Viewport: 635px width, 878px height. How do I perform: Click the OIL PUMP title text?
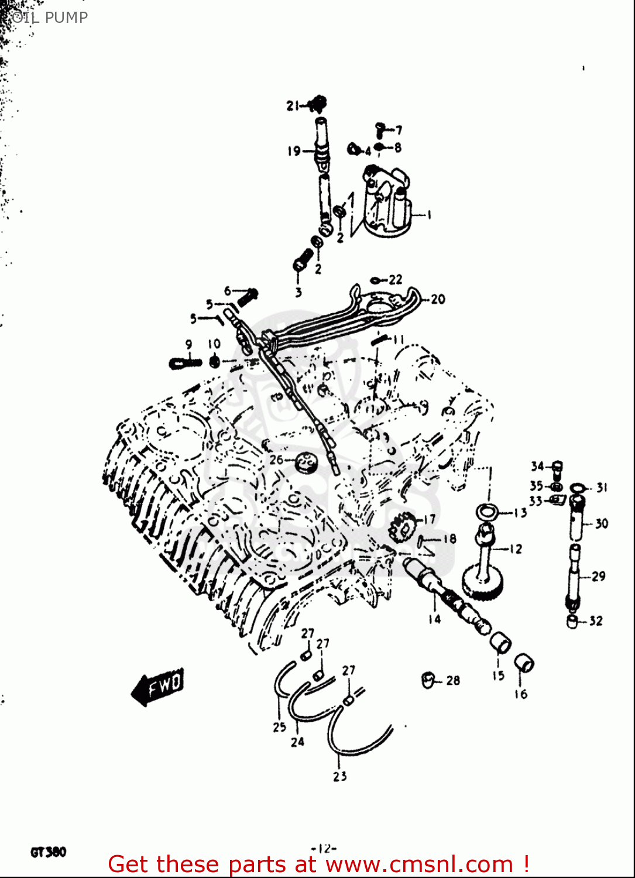49,18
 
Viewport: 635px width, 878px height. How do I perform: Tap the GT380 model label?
49,852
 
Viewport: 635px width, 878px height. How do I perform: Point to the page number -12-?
324,848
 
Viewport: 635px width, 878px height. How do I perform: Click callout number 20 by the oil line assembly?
438,299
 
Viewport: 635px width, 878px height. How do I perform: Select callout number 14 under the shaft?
434,619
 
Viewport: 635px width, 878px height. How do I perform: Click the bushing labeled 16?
523,663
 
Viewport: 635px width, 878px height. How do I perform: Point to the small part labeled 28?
428,680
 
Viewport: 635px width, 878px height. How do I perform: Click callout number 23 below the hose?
340,776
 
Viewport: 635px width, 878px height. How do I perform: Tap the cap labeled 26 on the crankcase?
306,462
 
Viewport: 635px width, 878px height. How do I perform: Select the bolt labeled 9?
184,363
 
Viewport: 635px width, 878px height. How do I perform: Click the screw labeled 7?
380,128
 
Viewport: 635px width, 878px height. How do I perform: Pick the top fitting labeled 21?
318,104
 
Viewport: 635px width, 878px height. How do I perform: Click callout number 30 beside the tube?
602,523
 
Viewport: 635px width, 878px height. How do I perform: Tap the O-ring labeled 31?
578,487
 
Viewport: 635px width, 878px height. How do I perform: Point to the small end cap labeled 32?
572,621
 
